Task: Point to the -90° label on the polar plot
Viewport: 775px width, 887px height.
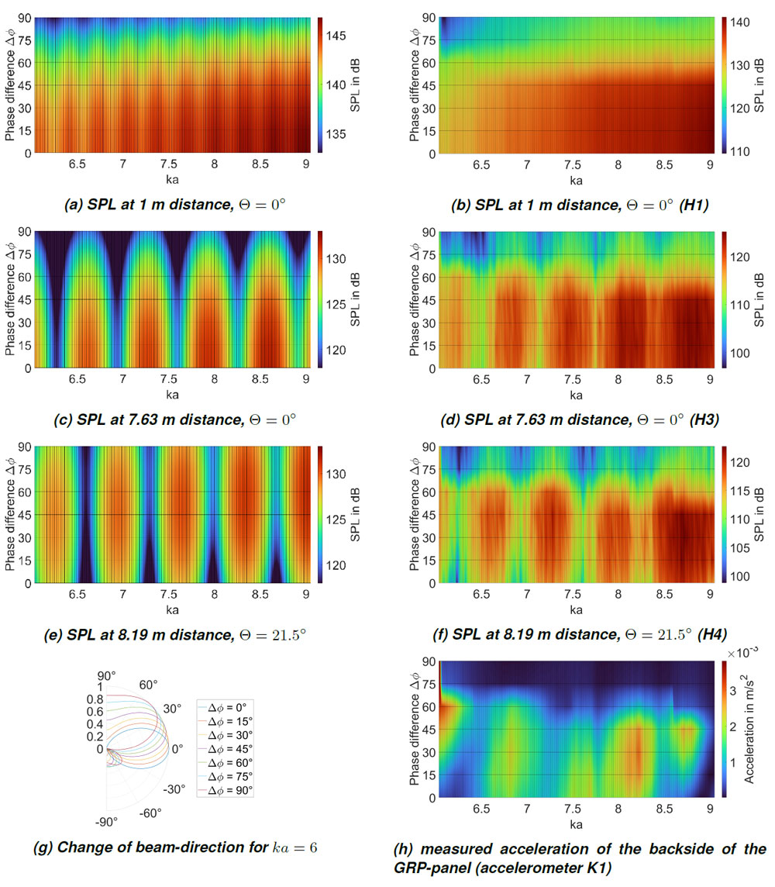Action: (x=106, y=821)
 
